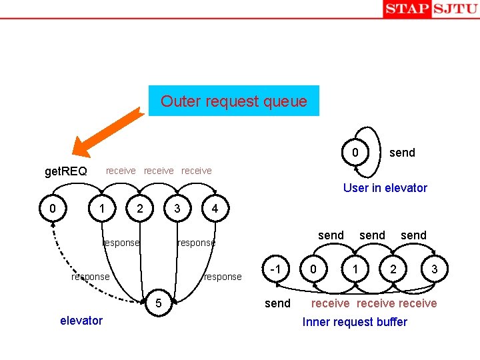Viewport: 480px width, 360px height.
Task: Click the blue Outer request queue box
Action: [x=233, y=101]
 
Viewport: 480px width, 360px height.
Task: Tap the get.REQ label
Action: [x=65, y=172]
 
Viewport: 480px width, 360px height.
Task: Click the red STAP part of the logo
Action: [x=407, y=9]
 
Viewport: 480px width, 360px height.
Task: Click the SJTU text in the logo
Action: [x=455, y=9]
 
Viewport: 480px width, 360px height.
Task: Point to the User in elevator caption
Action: [x=385, y=188]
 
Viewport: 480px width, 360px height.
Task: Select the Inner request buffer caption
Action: [x=354, y=322]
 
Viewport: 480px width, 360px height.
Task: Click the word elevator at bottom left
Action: [x=81, y=321]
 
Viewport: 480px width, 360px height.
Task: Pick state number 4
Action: [x=214, y=209]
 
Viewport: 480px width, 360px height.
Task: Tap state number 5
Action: [x=158, y=305]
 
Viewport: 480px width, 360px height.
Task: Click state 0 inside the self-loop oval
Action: [x=356, y=153]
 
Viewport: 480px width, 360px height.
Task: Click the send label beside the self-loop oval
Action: [x=402, y=153]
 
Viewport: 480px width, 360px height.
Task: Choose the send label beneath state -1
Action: [x=277, y=304]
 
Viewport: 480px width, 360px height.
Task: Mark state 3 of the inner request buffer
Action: [x=434, y=269]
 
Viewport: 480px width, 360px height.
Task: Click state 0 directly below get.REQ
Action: [x=53, y=209]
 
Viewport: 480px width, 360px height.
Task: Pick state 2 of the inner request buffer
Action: [x=393, y=269]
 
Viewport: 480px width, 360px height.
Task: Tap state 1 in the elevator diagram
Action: [x=101, y=209]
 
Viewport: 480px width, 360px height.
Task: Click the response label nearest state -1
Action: [x=223, y=277]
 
